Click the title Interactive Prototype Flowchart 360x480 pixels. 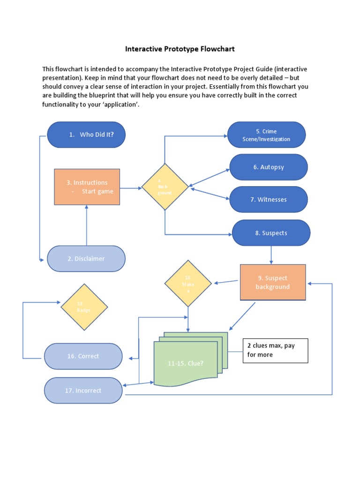tap(180, 49)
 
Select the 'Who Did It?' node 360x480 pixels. tap(86, 135)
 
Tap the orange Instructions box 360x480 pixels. tap(87, 187)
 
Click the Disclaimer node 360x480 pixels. tap(86, 258)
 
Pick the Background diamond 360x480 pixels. tap(165, 187)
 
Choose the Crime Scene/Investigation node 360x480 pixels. tap(266, 135)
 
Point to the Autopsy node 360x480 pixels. tap(269, 167)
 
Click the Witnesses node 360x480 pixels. tap(269, 199)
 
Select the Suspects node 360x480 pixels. tap(271, 233)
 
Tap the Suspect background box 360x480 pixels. tap(273, 282)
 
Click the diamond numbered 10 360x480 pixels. tap(188, 283)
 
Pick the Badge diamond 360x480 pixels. tap(84, 307)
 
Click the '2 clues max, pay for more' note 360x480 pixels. tap(275, 350)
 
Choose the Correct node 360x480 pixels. tap(83, 356)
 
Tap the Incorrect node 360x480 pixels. tap(83, 390)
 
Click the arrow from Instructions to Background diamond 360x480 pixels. tap(131, 188)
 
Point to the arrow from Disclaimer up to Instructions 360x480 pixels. tap(87, 225)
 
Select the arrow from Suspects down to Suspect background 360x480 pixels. tap(271, 255)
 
